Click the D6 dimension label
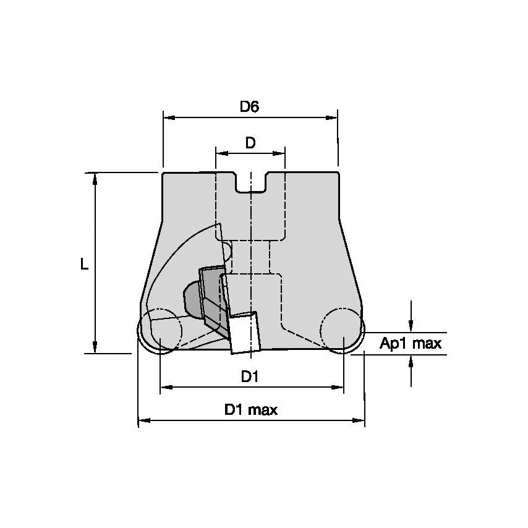[x=249, y=106]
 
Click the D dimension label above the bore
[x=250, y=143]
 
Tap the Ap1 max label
[x=411, y=344]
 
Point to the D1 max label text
[x=250, y=409]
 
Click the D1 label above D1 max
[x=249, y=377]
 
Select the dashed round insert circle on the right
[x=343, y=329]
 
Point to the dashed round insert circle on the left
[x=160, y=329]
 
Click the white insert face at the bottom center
[x=245, y=334]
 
